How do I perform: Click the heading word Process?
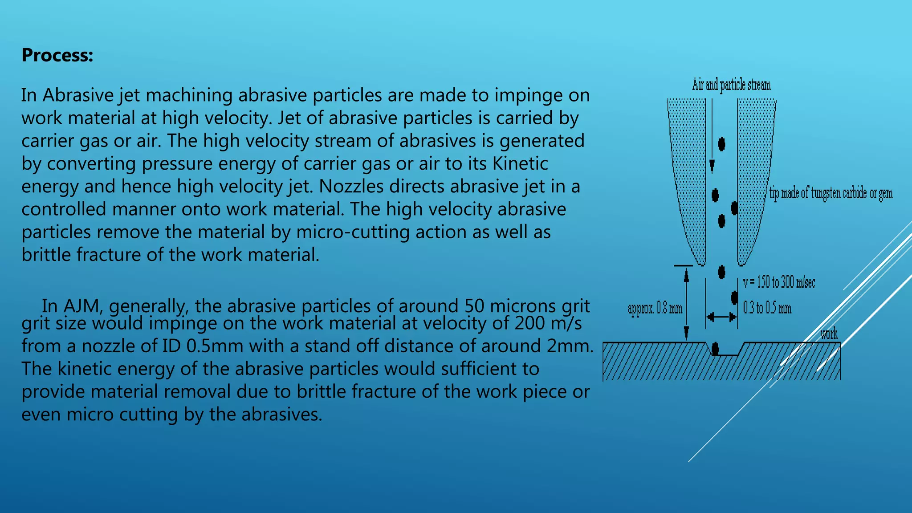click(57, 55)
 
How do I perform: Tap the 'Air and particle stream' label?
click(731, 85)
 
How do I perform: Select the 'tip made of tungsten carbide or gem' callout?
click(831, 193)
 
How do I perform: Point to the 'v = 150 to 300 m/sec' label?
click(779, 282)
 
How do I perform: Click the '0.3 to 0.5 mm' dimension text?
click(767, 308)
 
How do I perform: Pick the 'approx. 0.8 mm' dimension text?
click(655, 308)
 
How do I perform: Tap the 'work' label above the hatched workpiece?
click(829, 334)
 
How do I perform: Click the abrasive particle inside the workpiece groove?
click(715, 348)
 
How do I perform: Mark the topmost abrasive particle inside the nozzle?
click(721, 144)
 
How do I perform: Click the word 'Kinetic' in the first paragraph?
click(520, 163)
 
